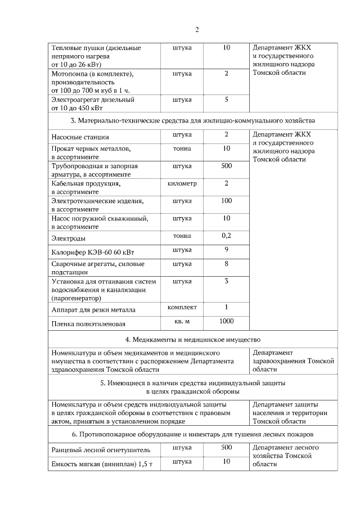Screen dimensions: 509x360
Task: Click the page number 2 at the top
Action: tap(197, 30)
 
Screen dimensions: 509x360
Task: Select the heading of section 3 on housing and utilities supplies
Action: tap(192, 120)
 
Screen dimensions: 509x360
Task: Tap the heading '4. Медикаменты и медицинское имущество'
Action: tap(192, 339)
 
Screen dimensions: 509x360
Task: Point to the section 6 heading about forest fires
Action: tap(192, 435)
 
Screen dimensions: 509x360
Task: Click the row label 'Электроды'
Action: tap(67, 239)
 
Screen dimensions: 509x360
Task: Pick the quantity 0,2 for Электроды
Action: tap(226, 236)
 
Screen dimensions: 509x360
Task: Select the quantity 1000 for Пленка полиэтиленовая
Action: tap(226, 321)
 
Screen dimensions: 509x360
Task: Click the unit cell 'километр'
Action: tap(182, 183)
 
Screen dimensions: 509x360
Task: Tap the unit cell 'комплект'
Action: tap(182, 307)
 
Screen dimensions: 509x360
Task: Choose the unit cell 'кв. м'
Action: tap(182, 321)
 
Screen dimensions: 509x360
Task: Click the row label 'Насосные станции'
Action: tap(80, 137)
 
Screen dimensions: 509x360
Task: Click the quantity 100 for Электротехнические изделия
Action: tap(226, 201)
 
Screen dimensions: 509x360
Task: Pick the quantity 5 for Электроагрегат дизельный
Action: tap(226, 100)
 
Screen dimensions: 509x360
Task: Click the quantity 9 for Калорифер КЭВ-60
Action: tap(226, 249)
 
